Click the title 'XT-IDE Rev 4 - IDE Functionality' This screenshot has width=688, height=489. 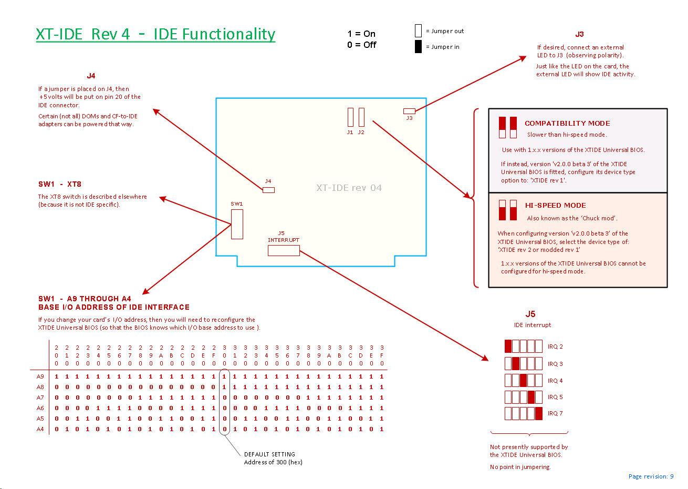[155, 34]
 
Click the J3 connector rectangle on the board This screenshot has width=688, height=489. [409, 111]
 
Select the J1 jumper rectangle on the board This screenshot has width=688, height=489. [350, 117]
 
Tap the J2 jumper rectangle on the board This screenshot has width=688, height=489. [361, 117]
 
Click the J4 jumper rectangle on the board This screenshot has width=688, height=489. [268, 190]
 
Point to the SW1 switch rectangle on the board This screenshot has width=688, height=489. [237, 224]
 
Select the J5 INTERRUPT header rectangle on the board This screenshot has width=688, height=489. [284, 251]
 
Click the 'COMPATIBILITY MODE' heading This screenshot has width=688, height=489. [567, 124]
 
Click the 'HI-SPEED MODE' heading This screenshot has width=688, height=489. [555, 206]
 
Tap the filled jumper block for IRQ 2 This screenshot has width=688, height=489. [508, 346]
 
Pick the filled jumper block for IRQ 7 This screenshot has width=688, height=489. [539, 413]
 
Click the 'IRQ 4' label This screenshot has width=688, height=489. [555, 381]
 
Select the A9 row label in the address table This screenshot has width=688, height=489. [40, 376]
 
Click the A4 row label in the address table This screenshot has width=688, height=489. [40, 429]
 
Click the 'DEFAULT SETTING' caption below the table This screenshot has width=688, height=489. [269, 454]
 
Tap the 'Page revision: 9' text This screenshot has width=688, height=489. [651, 476]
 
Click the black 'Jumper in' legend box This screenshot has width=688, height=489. [418, 46]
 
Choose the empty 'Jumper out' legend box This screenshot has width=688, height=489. [418, 30]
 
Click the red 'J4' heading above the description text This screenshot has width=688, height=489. [91, 76]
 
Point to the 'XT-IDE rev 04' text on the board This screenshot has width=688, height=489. [349, 188]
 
